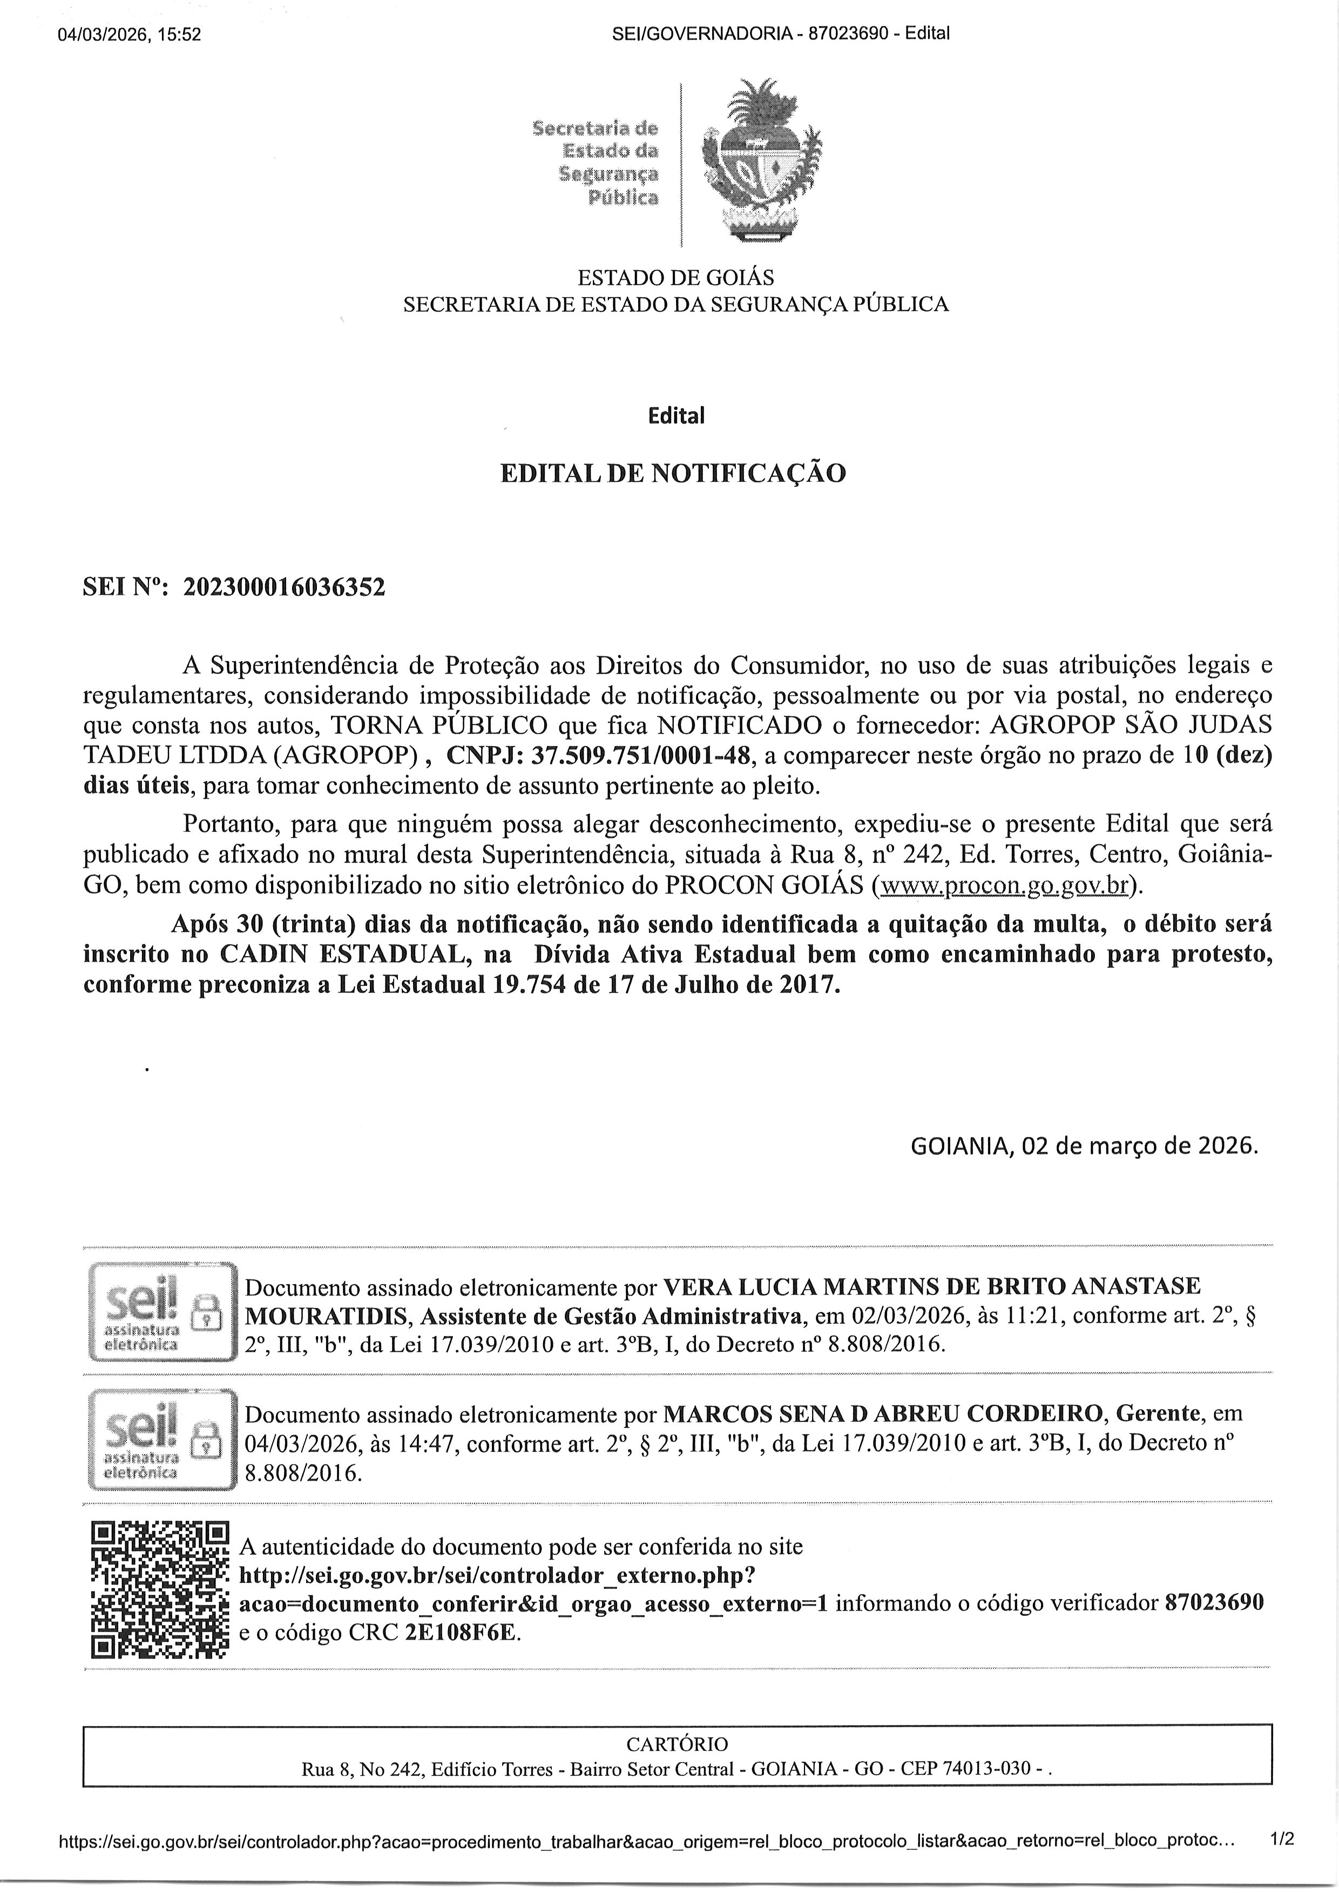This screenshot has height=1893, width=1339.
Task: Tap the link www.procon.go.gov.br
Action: click(x=1003, y=885)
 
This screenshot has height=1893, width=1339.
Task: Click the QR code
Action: click(x=159, y=1591)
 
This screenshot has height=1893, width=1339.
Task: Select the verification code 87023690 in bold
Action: click(x=1214, y=1603)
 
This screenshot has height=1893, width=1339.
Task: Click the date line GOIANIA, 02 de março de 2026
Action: click(x=1084, y=1146)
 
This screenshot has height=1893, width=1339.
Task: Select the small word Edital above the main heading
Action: click(x=676, y=416)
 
